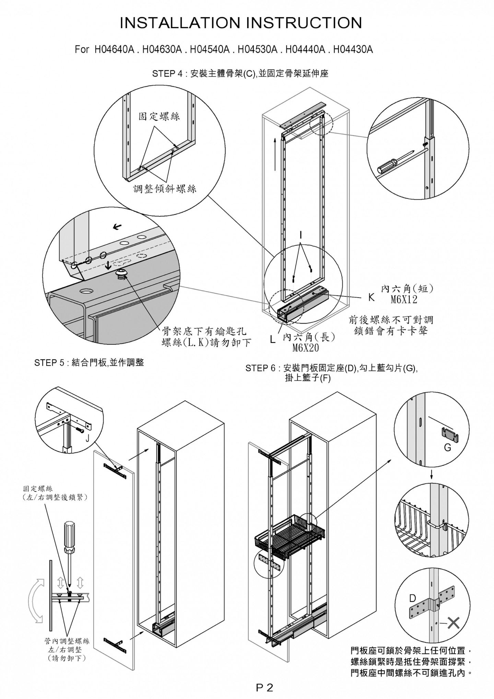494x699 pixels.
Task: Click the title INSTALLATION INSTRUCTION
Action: (241, 23)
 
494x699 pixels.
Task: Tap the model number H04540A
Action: (209, 50)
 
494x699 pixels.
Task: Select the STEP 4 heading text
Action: (240, 74)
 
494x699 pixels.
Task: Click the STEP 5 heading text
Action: (89, 363)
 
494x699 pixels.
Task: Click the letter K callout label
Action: (371, 298)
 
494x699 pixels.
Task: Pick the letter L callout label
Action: (273, 340)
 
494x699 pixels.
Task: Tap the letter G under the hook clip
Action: (447, 447)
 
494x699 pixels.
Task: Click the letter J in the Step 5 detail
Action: (87, 438)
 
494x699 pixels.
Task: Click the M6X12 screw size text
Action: (404, 300)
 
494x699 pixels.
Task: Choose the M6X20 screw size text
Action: (306, 348)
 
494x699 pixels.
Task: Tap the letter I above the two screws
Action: (301, 235)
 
